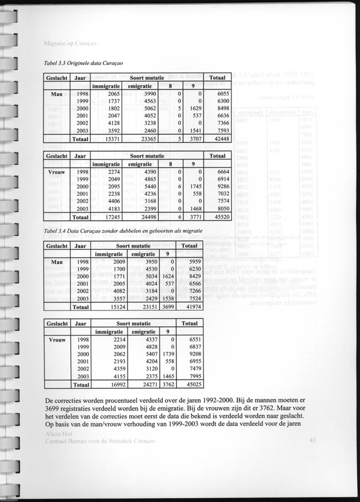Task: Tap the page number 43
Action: (x=311, y=440)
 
